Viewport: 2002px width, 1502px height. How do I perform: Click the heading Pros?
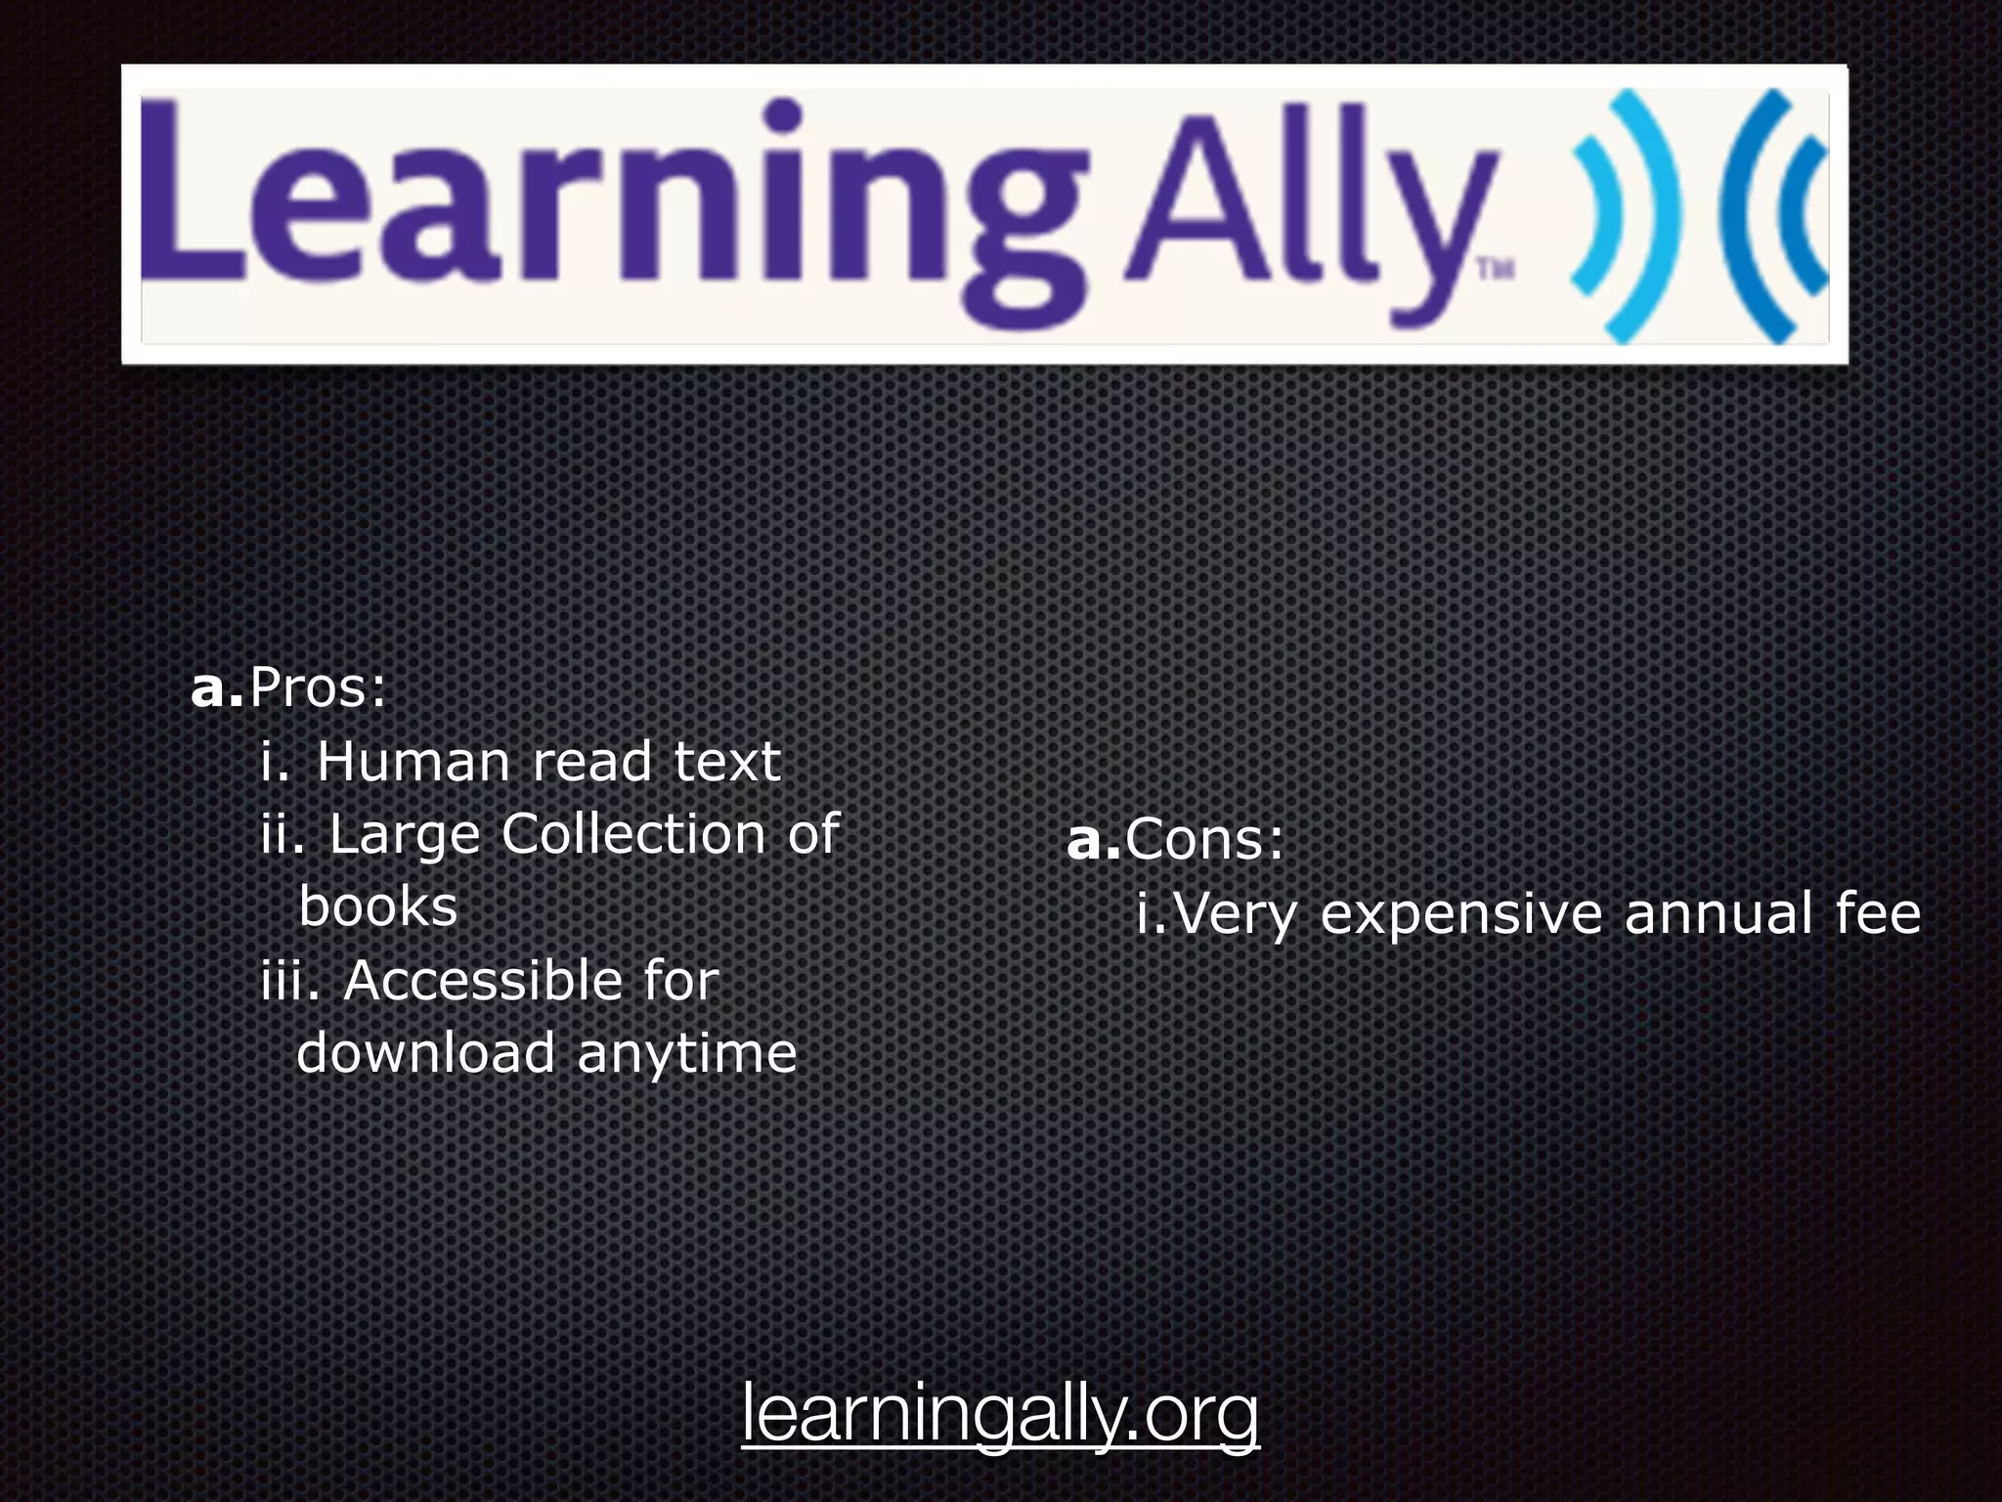[318, 688]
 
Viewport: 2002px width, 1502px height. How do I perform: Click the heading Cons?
[1203, 839]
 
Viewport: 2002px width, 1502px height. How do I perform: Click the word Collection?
[632, 834]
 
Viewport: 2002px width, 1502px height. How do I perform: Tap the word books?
[377, 906]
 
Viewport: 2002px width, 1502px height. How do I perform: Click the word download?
[425, 1053]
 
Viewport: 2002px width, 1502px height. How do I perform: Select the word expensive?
[1461, 914]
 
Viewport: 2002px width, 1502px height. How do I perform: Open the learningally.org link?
[1000, 1412]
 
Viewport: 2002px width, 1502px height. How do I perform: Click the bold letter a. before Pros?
[216, 688]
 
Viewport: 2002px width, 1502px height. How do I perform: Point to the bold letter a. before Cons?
[1092, 839]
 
